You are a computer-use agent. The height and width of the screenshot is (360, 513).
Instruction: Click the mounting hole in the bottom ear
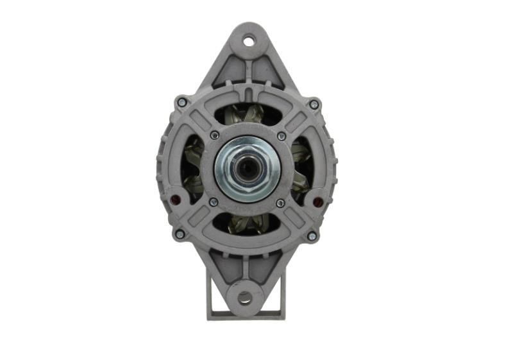244,297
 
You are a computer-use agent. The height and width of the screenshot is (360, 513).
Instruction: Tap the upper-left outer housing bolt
182,102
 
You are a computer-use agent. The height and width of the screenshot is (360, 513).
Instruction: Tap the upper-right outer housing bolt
314,104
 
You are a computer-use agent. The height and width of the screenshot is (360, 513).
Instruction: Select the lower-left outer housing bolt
180,234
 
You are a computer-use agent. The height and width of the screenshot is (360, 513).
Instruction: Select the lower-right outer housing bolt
312,236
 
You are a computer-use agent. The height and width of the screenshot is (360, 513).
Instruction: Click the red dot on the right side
317,202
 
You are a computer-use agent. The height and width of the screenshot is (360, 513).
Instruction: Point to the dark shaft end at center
246,169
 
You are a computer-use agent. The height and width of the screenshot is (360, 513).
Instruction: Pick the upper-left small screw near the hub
214,135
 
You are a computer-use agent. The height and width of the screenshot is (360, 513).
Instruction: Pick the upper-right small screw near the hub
281,136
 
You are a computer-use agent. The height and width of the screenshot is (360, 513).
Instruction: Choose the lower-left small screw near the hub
213,202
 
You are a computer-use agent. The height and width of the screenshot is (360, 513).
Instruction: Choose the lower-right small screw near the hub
280,203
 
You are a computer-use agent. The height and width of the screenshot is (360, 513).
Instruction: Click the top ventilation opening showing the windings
247,115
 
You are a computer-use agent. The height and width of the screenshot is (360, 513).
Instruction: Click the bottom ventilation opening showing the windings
246,223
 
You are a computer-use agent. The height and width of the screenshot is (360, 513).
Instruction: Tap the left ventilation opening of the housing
192,168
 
